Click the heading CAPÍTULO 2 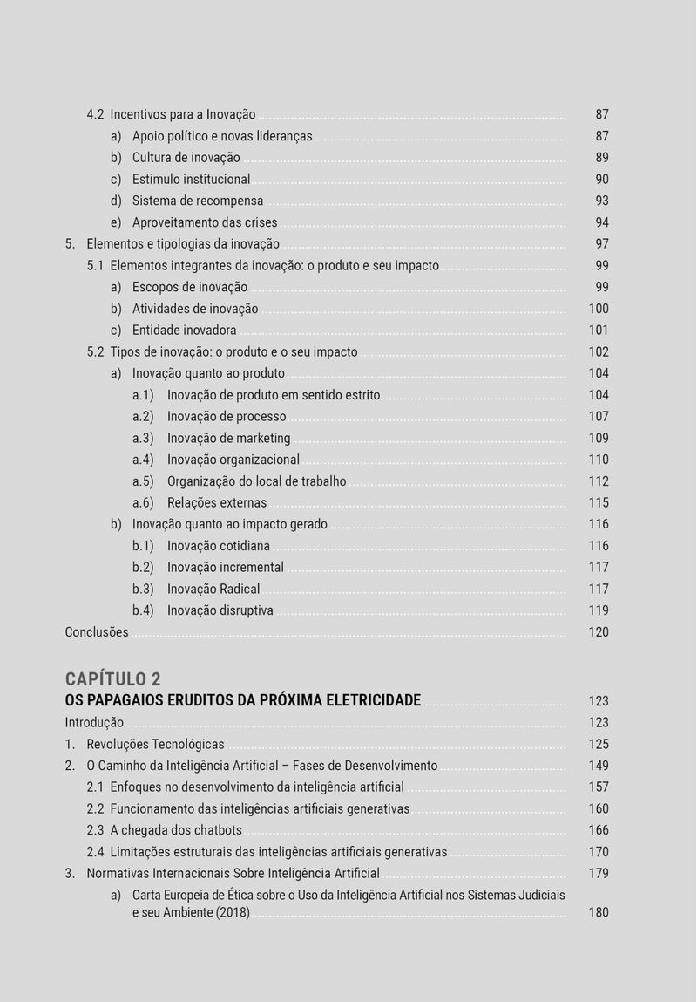[x=113, y=679]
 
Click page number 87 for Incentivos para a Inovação [x=602, y=114]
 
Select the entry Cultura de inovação [x=186, y=158]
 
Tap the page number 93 [x=602, y=201]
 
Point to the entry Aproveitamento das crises [x=205, y=222]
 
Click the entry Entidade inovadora [x=184, y=331]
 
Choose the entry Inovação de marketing [x=228, y=438]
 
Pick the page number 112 [x=599, y=481]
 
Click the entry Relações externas [x=217, y=502]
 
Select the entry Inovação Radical [x=213, y=589]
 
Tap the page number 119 [x=599, y=610]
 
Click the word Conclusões [x=97, y=632]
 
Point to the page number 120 [x=599, y=632]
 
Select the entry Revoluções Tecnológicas [x=155, y=745]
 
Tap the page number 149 [x=599, y=766]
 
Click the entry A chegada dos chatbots [x=176, y=830]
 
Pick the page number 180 [x=599, y=912]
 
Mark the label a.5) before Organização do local [x=143, y=481]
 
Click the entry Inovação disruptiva [x=220, y=610]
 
